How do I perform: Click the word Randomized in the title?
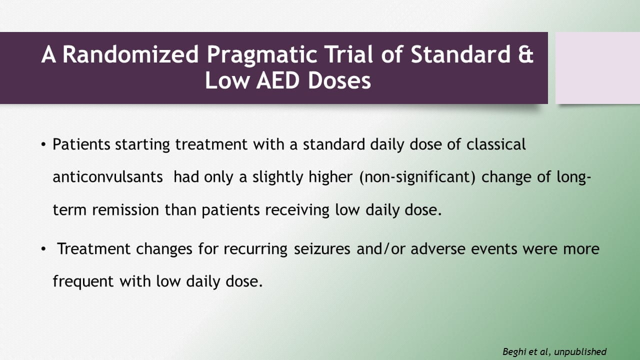point(130,54)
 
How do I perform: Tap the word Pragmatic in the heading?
point(261,55)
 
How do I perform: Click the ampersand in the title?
point(525,54)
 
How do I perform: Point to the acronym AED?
point(278,80)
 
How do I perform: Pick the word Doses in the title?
point(339,80)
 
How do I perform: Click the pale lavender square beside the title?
point(597,68)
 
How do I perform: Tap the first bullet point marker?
point(43,144)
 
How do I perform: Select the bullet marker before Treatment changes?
point(43,249)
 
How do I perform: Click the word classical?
point(496,144)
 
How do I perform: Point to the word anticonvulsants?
point(107,177)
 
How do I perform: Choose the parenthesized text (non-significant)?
point(417,177)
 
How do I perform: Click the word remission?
point(125,209)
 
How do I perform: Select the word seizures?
point(322,249)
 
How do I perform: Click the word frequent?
point(83,281)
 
